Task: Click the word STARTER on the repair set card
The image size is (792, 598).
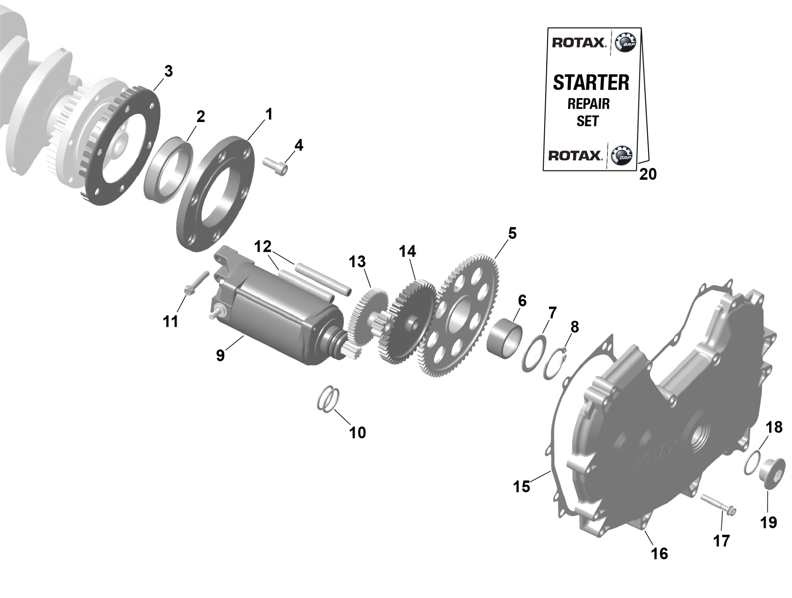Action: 591,82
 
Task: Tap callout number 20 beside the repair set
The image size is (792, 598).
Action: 648,174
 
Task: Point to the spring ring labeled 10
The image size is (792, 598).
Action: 328,399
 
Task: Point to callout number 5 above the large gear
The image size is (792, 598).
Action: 512,234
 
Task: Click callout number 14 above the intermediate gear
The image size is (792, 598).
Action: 408,252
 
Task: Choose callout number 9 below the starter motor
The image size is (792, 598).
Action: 220,355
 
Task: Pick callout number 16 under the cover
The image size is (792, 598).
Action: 659,554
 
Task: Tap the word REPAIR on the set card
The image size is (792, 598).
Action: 589,104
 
